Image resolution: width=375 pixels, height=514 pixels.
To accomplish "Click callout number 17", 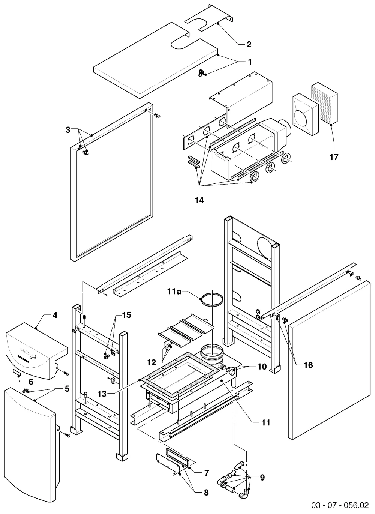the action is point(334,157).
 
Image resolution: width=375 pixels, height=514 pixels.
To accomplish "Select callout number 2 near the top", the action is point(249,44).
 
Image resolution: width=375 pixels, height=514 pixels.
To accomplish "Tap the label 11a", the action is point(174,292).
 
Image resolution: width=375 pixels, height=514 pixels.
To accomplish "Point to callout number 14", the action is point(199,200).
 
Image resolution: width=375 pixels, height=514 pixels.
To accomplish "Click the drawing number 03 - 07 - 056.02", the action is point(340,505).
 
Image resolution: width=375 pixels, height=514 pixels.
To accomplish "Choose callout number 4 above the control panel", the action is point(55,315).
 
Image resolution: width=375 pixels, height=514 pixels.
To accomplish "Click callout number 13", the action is point(102,394).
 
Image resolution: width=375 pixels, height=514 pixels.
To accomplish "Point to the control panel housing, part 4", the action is point(37,351).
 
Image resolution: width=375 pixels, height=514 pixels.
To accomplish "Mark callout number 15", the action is point(126,315).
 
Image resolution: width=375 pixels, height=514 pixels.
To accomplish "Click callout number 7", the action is point(206,473).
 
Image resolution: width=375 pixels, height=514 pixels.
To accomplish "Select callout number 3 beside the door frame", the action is point(68,130).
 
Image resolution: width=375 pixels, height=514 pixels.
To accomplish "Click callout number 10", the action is point(262,367).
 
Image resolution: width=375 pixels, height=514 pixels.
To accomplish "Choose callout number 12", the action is point(151,362).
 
